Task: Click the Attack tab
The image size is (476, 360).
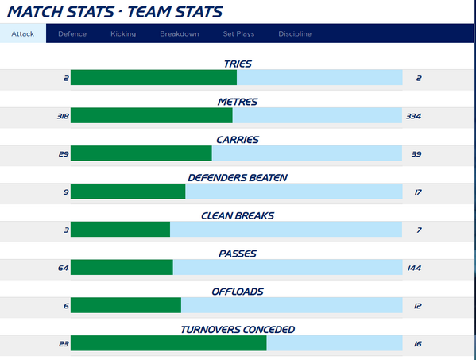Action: coord(23,33)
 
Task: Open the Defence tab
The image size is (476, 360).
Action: coord(72,33)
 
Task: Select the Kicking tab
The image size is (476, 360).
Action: coord(123,33)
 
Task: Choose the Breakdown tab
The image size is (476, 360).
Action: coord(179,33)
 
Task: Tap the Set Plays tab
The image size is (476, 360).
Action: coord(238,33)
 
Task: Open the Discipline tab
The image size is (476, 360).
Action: coord(295,33)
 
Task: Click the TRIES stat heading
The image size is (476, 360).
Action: coord(238,64)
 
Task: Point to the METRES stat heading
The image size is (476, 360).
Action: coord(238,102)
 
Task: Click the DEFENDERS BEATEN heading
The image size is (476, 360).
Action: coord(238,177)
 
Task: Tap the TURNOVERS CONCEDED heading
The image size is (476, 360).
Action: coord(238,330)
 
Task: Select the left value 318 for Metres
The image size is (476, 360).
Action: coord(63,116)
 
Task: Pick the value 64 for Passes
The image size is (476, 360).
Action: coord(64,268)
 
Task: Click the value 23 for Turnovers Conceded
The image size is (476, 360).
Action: coord(64,344)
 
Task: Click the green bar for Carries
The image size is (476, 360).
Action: coord(141,153)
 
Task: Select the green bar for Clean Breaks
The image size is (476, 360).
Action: coord(120,230)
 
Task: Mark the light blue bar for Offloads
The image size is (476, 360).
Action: coord(291,306)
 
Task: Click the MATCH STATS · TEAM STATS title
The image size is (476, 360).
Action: coord(114,11)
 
